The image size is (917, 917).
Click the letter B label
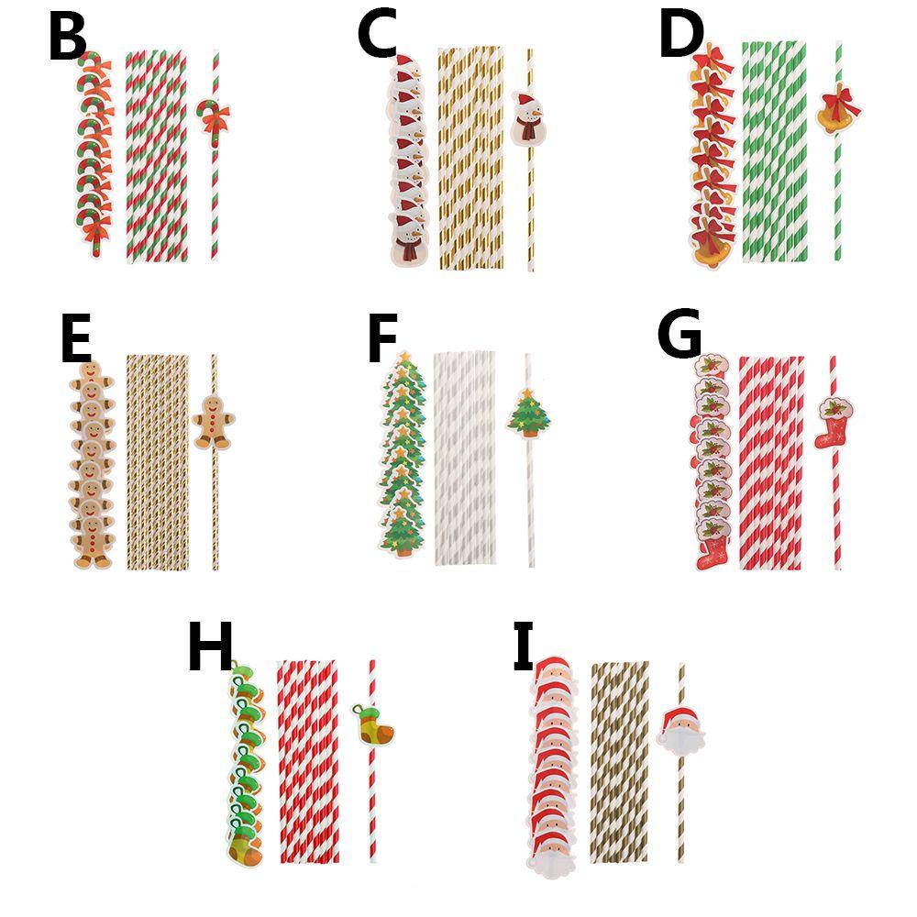(x=67, y=39)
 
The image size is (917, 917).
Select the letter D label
(x=680, y=35)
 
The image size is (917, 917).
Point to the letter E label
(x=75, y=341)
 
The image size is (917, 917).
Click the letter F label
(x=381, y=341)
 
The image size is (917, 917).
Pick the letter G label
(x=679, y=337)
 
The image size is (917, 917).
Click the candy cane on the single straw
(x=214, y=118)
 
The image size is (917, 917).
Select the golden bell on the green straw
(x=838, y=112)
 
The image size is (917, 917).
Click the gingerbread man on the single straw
(x=213, y=420)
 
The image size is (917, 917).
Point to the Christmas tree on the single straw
(x=529, y=414)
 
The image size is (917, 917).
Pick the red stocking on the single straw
(x=834, y=421)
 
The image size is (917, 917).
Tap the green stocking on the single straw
(x=374, y=724)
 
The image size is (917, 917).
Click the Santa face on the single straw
(x=680, y=729)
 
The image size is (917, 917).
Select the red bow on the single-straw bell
(x=839, y=97)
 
